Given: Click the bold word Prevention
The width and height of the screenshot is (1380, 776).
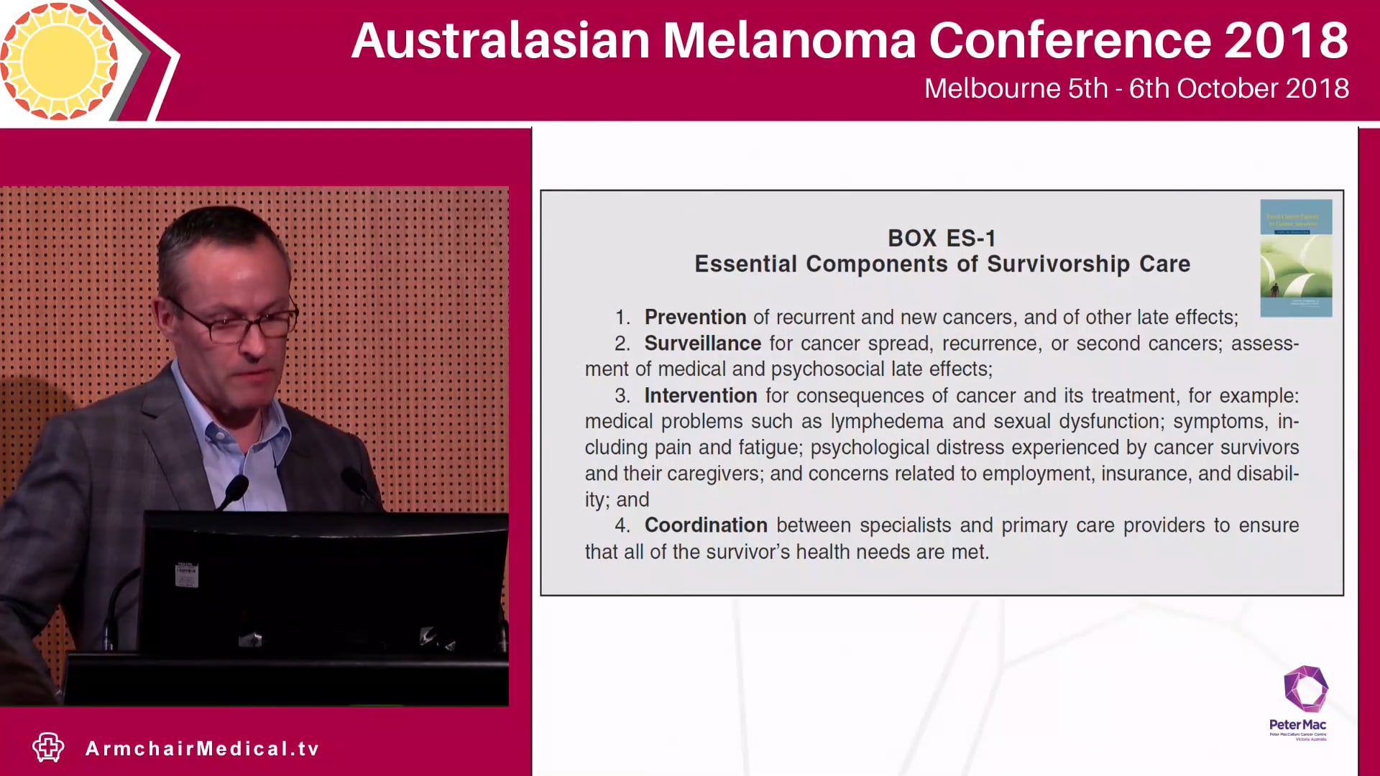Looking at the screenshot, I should coord(695,318).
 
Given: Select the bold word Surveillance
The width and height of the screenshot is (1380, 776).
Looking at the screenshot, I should coord(702,343).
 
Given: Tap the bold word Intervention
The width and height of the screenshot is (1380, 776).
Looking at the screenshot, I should coord(700,396).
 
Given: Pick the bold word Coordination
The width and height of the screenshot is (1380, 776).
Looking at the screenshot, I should coord(706,525).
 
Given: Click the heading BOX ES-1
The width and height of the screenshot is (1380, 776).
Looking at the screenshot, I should coord(942,238).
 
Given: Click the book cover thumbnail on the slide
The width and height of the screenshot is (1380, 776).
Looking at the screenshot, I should coord(1296,258).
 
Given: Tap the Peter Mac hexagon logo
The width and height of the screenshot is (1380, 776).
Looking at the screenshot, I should coord(1305,690).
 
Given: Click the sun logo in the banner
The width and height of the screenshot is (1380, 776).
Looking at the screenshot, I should coord(59,60).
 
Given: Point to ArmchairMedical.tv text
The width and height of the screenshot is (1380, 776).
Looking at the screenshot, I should coord(202,749).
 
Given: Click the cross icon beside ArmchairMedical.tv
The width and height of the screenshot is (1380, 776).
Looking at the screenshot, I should coord(48,747).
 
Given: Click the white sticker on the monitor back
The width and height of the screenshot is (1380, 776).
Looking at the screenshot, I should coord(186,575).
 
